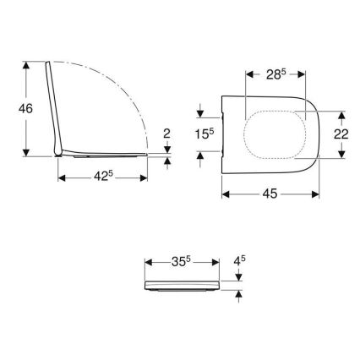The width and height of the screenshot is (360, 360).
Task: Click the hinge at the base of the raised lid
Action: pyautogui.click(x=57, y=152)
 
